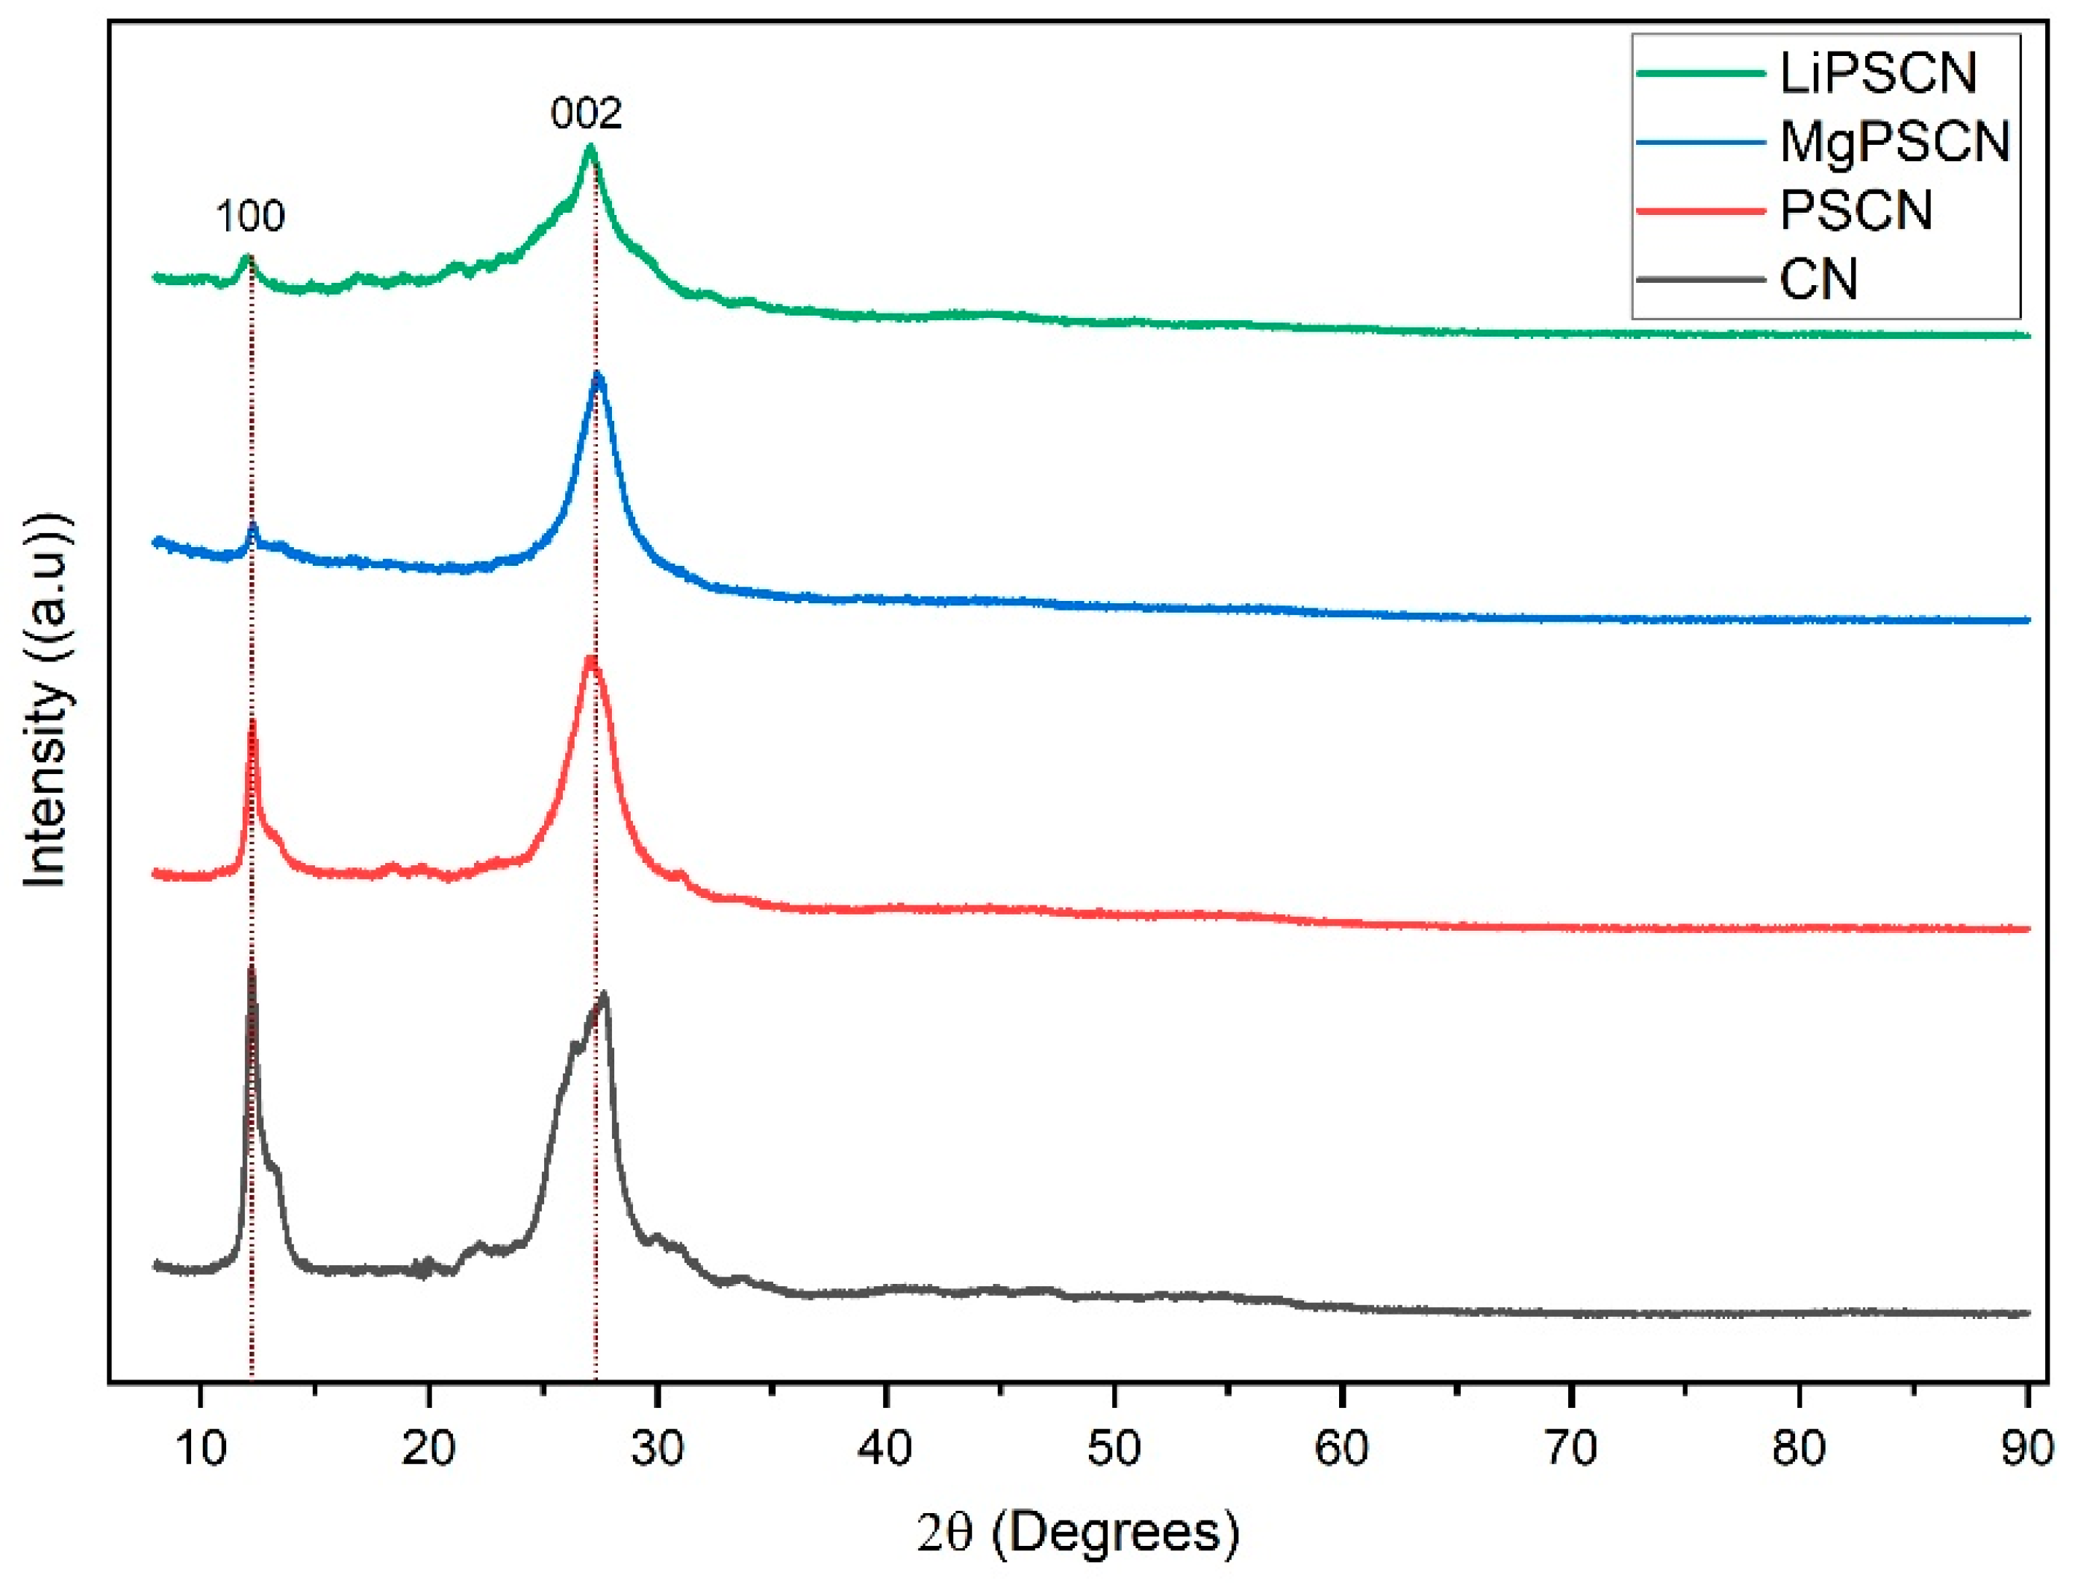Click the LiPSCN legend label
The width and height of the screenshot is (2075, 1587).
1878,74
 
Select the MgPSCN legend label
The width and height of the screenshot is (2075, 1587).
1894,143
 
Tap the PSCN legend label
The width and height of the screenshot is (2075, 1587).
1856,211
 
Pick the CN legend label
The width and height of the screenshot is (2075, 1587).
1818,280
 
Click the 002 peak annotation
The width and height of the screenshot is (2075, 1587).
587,114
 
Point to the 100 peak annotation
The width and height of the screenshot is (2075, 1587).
250,216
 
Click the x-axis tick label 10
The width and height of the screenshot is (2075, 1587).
200,1447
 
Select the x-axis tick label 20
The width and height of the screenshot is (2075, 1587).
428,1447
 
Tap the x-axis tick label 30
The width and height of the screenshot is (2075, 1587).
658,1447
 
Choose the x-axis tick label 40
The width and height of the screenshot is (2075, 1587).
886,1447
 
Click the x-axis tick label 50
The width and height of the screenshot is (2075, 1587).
1114,1447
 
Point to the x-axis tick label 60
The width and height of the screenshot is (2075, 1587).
1342,1447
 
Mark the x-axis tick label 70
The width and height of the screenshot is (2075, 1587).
1570,1447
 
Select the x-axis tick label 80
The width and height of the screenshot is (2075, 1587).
1800,1447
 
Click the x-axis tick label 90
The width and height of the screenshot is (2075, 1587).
2026,1447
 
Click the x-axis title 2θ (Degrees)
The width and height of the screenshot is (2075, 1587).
1078,1533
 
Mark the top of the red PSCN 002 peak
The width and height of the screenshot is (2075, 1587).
591,658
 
